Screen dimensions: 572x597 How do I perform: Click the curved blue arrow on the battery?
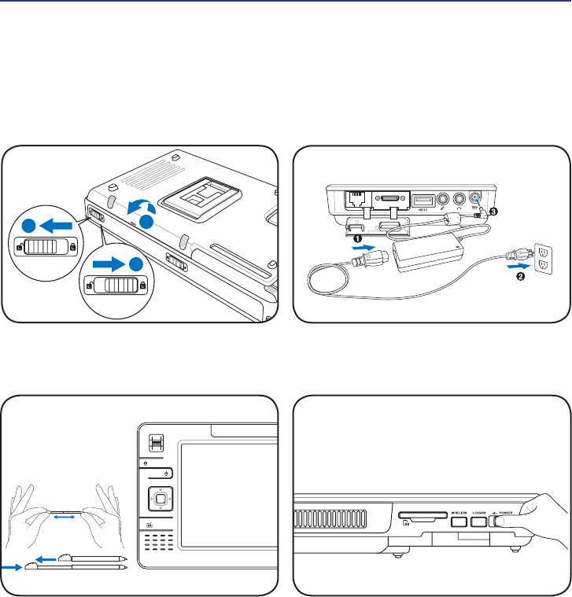142,208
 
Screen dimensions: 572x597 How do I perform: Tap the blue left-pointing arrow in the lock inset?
56,224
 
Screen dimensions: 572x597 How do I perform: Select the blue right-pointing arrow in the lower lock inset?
108,261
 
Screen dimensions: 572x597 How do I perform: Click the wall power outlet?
543,259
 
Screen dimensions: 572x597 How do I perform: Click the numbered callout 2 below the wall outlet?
519,285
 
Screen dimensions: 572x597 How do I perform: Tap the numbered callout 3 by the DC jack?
493,212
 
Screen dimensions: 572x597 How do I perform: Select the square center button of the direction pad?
160,498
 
